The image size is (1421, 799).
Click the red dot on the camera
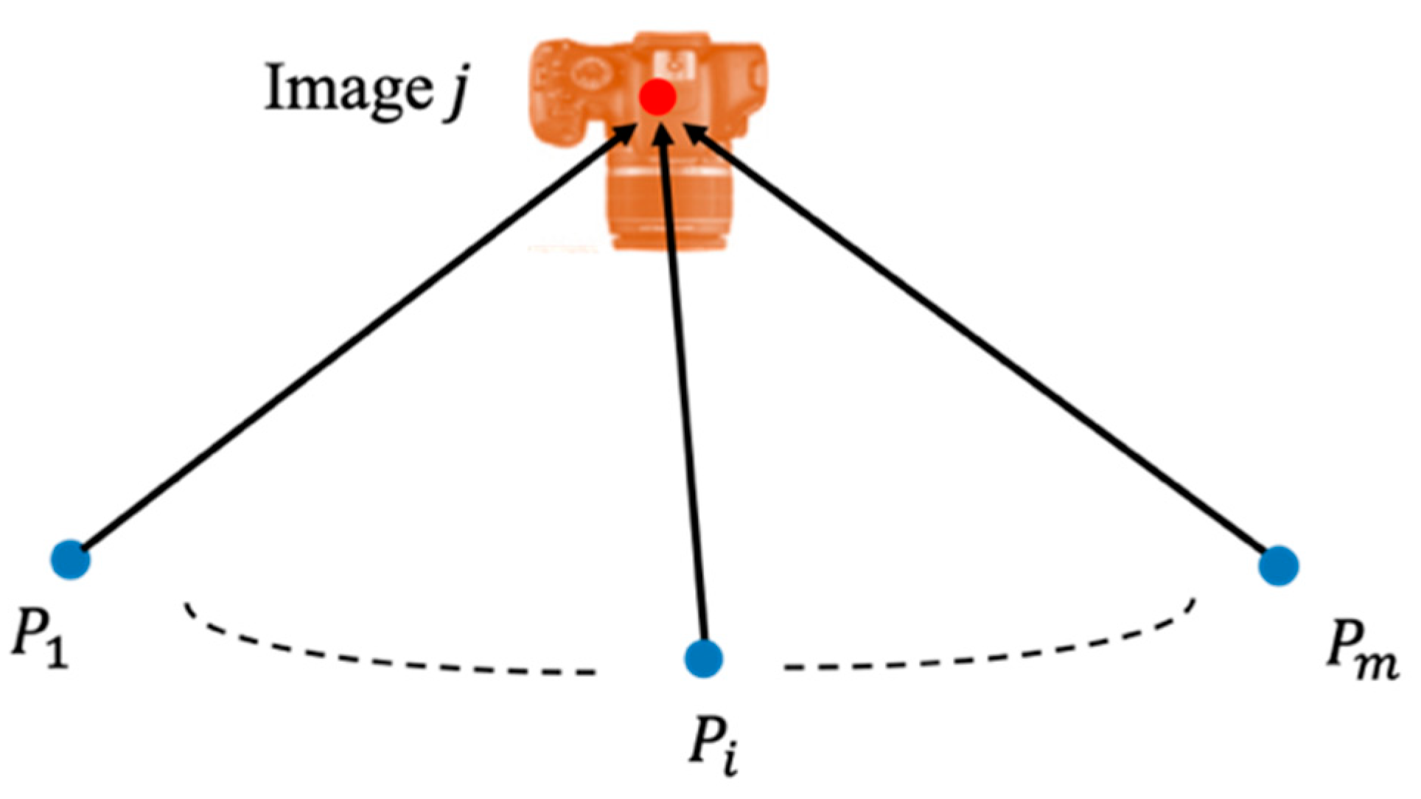coord(657,97)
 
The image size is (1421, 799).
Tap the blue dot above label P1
coord(71,559)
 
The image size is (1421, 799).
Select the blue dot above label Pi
coord(703,658)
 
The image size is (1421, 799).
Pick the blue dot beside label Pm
coord(1279,565)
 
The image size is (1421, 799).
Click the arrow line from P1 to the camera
coord(354,343)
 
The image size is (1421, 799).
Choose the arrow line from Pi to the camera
coord(684,391)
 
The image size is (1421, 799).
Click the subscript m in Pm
coord(1376,665)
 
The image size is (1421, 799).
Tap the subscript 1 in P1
coord(57,652)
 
